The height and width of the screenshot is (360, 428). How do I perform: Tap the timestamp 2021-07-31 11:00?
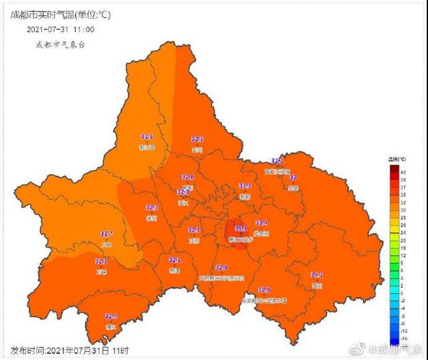pyautogui.click(x=61, y=29)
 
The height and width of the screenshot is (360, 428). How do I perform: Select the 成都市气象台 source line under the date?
pyautogui.click(x=60, y=45)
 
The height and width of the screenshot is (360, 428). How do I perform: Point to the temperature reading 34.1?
pyautogui.click(x=317, y=275)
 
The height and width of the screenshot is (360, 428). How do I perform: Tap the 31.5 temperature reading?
pyautogui.click(x=146, y=137)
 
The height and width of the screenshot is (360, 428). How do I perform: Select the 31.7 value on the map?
pyautogui.click(x=106, y=234)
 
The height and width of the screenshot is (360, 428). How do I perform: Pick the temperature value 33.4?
pyautogui.click(x=261, y=223)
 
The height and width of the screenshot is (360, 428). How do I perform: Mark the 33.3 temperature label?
pyautogui.click(x=245, y=185)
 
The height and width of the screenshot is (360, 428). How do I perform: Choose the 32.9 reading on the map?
pyautogui.click(x=264, y=290)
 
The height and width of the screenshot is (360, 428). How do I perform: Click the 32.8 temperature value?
pyautogui.click(x=221, y=268)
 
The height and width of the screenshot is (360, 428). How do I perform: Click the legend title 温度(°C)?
pyautogui.click(x=398, y=159)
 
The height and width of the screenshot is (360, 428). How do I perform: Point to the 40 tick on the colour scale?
pyautogui.click(x=404, y=172)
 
